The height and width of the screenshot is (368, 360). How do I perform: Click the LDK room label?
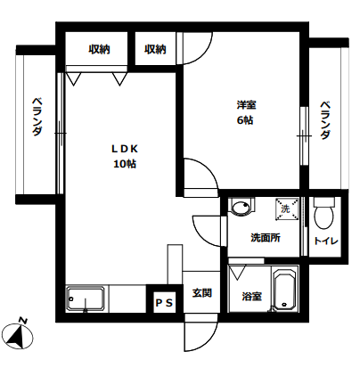click(x=125, y=149)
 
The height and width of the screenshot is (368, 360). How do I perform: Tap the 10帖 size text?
click(x=125, y=164)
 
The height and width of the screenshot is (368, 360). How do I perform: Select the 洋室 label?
click(x=247, y=105)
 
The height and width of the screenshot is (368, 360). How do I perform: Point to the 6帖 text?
click(x=245, y=120)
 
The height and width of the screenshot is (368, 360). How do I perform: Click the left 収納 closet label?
click(x=99, y=49)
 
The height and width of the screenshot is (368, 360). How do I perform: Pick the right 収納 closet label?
click(x=155, y=49)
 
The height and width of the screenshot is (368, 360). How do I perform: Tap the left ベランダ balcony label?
click(x=37, y=117)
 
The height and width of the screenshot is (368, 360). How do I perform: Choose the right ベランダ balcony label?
click(x=325, y=120)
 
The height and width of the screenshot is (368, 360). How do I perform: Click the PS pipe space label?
click(x=164, y=303)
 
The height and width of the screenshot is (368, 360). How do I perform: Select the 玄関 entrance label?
click(x=202, y=293)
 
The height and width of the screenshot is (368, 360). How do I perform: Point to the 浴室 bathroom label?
click(x=252, y=296)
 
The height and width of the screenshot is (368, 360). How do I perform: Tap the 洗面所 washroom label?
click(x=266, y=238)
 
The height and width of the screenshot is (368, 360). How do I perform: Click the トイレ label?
click(x=326, y=241)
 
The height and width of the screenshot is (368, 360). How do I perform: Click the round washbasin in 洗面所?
click(x=241, y=206)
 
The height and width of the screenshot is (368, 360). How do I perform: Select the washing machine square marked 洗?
click(x=287, y=209)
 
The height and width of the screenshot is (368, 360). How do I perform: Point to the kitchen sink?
click(x=86, y=298)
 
